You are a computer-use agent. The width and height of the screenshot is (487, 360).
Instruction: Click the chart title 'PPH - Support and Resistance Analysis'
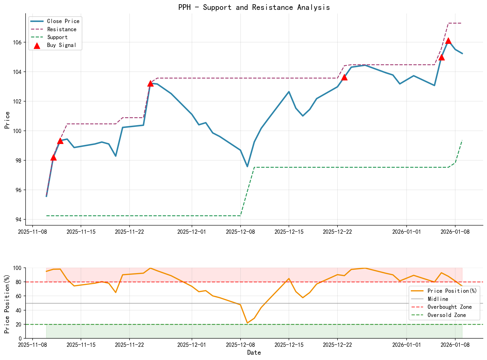click(x=254, y=7)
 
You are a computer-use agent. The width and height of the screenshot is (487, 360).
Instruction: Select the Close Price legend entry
click(x=63, y=21)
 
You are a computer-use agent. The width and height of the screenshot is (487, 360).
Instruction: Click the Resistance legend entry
click(x=62, y=29)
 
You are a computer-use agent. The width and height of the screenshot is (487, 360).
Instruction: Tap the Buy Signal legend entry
click(x=62, y=45)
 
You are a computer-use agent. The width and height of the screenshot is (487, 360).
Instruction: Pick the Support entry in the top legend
click(x=57, y=37)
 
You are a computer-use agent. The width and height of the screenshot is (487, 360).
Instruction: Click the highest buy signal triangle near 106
click(x=448, y=41)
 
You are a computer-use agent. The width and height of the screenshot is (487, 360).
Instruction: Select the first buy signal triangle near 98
click(x=53, y=157)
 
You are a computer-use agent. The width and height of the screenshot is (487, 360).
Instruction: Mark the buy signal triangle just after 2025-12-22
click(x=344, y=77)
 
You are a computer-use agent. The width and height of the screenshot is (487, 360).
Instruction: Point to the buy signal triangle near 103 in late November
click(x=150, y=83)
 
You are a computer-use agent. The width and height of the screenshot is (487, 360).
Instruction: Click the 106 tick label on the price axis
click(x=18, y=42)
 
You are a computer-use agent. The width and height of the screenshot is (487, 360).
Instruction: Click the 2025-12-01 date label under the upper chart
click(x=192, y=232)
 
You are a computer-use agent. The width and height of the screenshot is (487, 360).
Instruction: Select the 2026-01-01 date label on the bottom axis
click(x=406, y=344)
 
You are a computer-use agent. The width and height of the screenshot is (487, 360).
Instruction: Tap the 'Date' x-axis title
click(x=254, y=353)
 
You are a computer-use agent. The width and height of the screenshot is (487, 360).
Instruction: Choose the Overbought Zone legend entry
click(x=449, y=307)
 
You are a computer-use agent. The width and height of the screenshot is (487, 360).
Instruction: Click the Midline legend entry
click(x=438, y=299)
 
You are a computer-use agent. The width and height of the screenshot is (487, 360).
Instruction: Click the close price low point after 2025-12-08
click(x=247, y=166)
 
